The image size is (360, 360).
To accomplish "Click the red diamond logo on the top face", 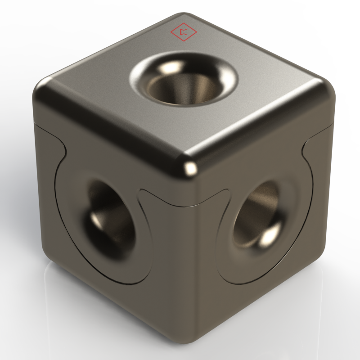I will pos(183,31).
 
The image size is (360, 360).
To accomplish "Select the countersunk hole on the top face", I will pos(184,79).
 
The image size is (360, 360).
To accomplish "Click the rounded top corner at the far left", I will pos(45,90).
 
